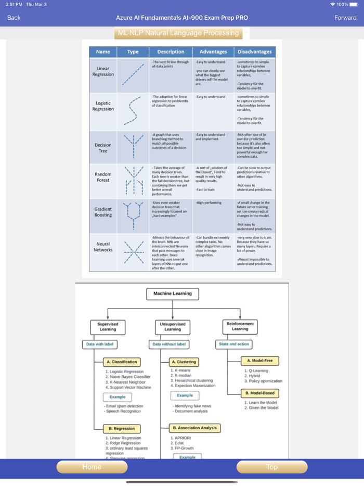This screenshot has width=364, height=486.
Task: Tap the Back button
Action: [14, 18]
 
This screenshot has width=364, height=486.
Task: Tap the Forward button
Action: [345, 18]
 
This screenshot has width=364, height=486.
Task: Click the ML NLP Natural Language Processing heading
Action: [178, 33]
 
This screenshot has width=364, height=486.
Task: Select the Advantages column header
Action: [213, 52]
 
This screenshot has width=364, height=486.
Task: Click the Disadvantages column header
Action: [255, 52]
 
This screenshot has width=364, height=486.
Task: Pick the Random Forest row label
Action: [103, 177]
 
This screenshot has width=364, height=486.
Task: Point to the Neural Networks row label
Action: [103, 247]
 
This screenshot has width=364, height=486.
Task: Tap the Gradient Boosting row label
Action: [103, 212]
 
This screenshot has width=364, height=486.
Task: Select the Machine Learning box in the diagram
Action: [173, 293]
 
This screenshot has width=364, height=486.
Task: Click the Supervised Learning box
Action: [108, 326]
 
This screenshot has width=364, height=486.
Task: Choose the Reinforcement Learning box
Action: [240, 326]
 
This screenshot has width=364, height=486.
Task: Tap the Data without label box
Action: [169, 344]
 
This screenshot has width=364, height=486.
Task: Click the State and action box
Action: [234, 344]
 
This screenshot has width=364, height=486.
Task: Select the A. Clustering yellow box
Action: [185, 362]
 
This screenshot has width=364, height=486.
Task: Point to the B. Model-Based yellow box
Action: [260, 393]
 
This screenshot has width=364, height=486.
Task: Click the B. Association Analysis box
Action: [195, 428]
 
